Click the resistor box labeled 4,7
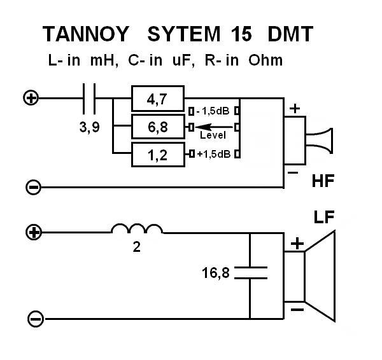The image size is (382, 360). pyautogui.click(x=157, y=99)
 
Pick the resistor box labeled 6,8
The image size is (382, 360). pyautogui.click(x=157, y=127)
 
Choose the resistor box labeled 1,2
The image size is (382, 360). pyautogui.click(x=157, y=154)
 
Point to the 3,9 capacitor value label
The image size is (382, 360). pyautogui.click(x=89, y=127)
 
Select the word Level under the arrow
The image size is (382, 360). pyautogui.click(x=213, y=135)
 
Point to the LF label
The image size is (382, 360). pyautogui.click(x=325, y=218)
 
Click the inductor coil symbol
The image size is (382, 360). pyautogui.click(x=137, y=229)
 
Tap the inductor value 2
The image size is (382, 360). pyautogui.click(x=136, y=247)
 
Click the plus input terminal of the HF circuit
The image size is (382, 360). pyautogui.click(x=31, y=98)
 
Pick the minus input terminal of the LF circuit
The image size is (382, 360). pyautogui.click(x=35, y=317)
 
